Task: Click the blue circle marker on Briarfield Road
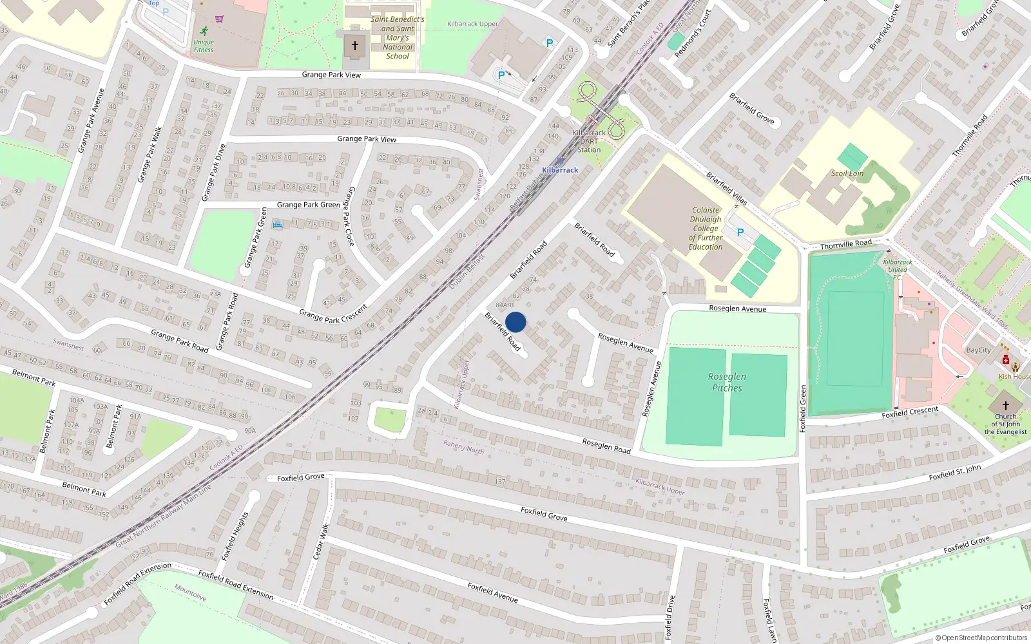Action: point(515,322)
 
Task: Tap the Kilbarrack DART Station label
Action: point(589,141)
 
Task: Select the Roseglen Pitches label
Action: point(727,382)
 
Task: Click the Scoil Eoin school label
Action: point(847,173)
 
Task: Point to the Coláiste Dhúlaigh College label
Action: point(706,229)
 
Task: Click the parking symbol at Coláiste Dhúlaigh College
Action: point(740,232)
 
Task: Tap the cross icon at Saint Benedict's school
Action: point(354,46)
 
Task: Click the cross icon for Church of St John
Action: point(1005,406)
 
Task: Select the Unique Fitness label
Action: point(204,46)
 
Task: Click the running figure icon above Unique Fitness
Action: point(204,31)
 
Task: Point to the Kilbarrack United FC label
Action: point(897,269)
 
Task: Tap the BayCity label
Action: point(978,350)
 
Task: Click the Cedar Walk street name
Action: point(321,541)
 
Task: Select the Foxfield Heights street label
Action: point(235,535)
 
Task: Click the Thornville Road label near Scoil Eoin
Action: point(845,244)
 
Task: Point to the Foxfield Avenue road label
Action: point(492,592)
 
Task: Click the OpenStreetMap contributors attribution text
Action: point(981,638)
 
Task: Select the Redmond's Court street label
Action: point(692,33)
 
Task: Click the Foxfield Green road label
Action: point(803,408)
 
